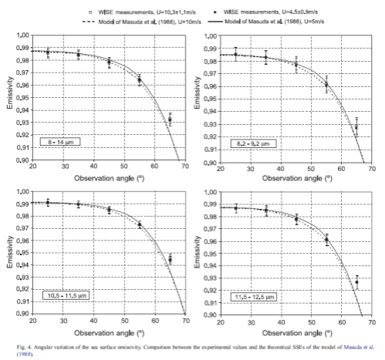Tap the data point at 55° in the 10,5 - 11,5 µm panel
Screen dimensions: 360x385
(139, 225)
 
